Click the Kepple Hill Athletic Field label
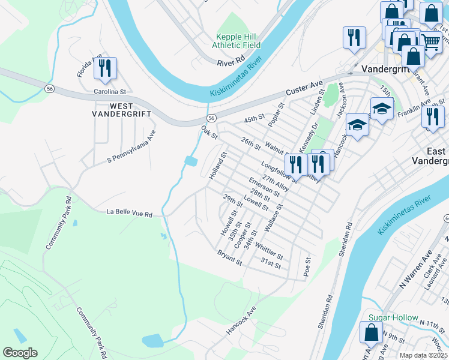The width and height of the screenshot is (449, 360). pyautogui.click(x=238, y=40)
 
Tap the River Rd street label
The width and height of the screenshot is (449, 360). pyautogui.click(x=231, y=60)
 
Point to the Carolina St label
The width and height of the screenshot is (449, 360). pyautogui.click(x=110, y=92)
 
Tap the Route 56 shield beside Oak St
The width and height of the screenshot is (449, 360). pyautogui.click(x=211, y=117)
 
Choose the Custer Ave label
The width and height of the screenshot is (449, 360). pyautogui.click(x=304, y=88)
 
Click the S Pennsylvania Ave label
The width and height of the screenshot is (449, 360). pyautogui.click(x=131, y=146)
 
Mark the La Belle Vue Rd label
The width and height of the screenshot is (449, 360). pyautogui.click(x=130, y=212)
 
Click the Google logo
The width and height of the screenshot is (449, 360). pyautogui.click(x=20, y=353)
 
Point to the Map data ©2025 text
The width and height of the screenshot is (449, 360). pyautogui.click(x=423, y=355)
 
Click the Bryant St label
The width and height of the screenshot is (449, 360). pyautogui.click(x=230, y=258)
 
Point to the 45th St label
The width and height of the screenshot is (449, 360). pyautogui.click(x=254, y=121)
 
